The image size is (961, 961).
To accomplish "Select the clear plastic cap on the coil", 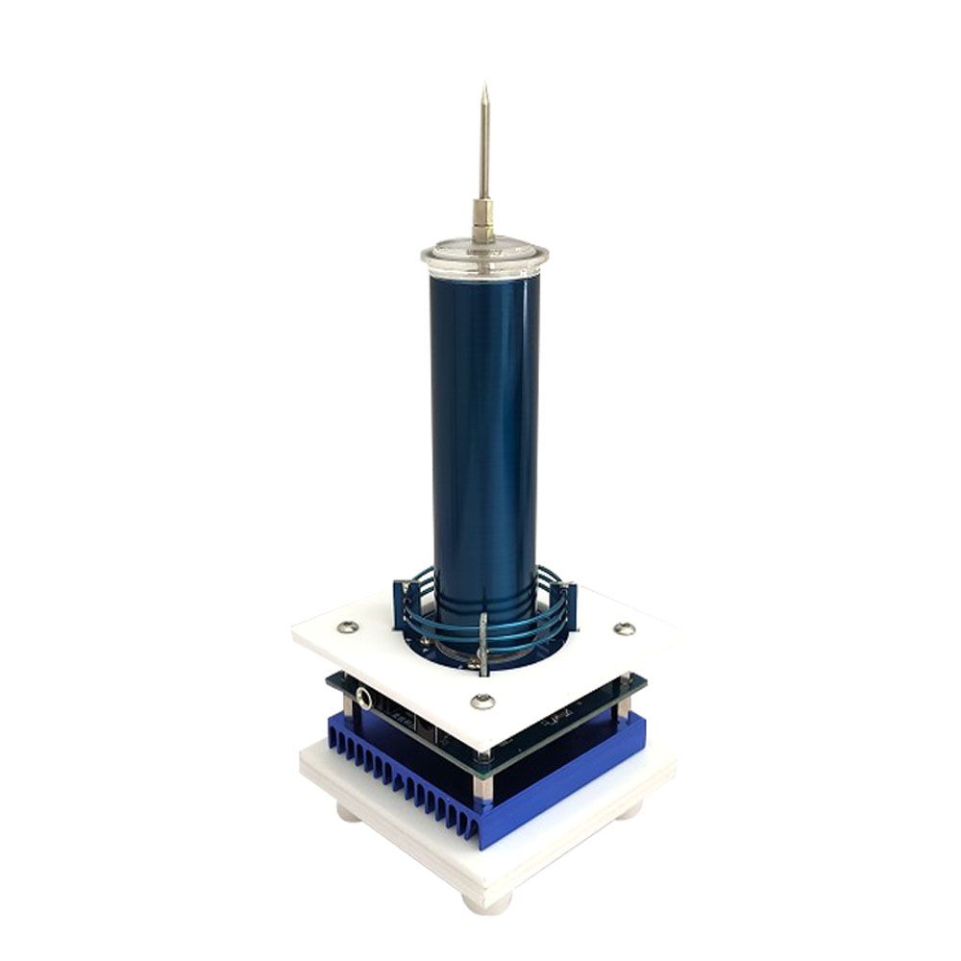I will (x=484, y=258).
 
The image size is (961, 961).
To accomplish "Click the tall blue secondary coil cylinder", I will (x=485, y=432).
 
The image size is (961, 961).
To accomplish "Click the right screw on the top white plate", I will (x=625, y=629).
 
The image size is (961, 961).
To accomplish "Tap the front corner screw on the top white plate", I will (x=483, y=702).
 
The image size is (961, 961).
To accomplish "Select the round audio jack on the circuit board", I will (x=363, y=696).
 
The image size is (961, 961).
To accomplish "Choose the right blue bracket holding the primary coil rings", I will (x=568, y=607).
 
